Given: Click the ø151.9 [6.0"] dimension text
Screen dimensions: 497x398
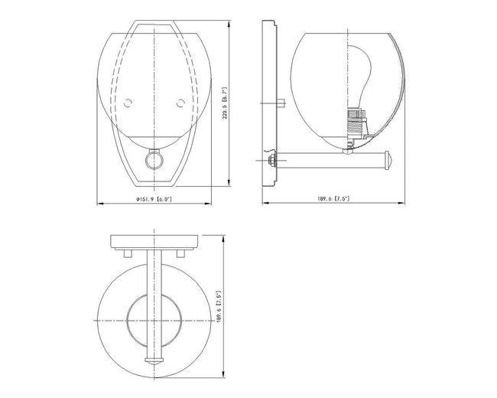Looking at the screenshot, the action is tap(154, 199).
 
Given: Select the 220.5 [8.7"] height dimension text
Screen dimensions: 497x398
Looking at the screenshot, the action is tap(225, 103).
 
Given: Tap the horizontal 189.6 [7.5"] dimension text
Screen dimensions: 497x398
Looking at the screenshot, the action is tap(333, 199).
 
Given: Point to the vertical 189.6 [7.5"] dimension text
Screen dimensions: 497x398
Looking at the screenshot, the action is tap(219, 307).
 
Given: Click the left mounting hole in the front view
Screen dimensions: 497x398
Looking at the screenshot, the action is tap(128, 103).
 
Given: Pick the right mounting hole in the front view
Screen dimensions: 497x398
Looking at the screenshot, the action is tap(180, 103).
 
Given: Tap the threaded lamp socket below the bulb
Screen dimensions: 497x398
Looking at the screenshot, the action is tap(357, 122).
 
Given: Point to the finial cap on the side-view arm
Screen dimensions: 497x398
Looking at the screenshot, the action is tap(388, 160).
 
